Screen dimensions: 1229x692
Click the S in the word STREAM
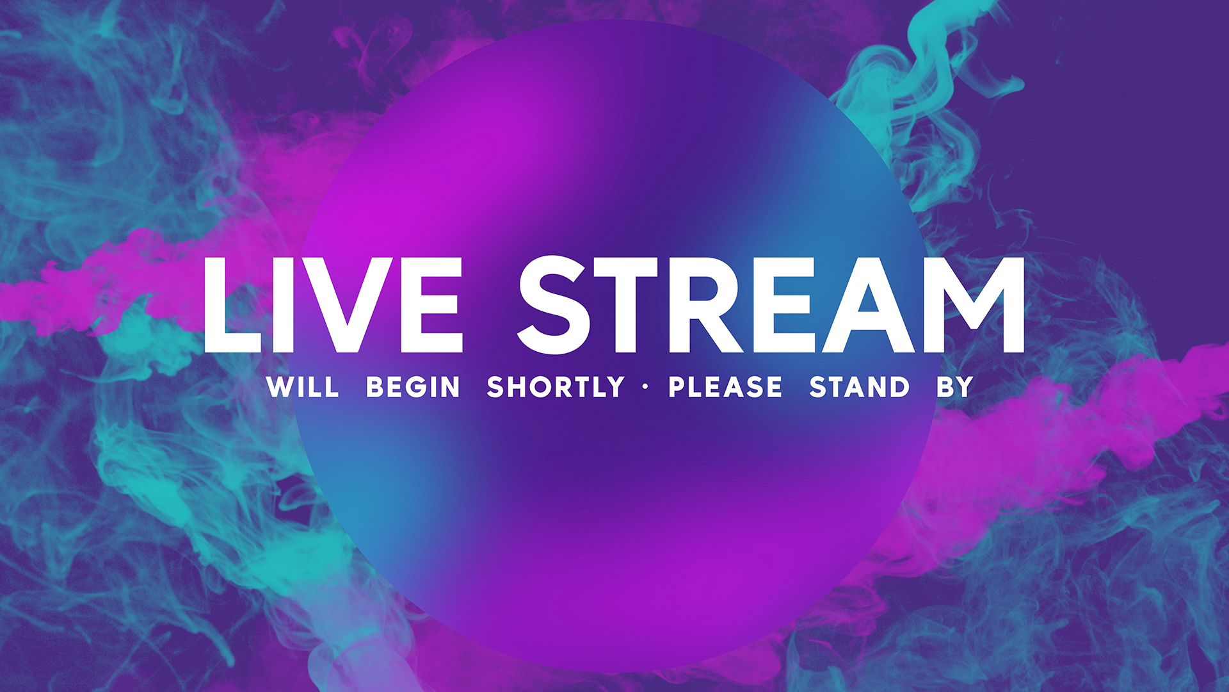coord(554,305)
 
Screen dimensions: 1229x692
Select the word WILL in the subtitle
coord(303,387)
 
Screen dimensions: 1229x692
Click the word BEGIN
coord(413,387)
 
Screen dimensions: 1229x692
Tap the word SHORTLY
coord(556,387)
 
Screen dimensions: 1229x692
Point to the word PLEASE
coord(725,387)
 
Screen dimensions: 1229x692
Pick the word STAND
coord(860,387)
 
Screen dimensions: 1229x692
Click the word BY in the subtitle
coord(955,387)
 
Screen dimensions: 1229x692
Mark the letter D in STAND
coord(898,387)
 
